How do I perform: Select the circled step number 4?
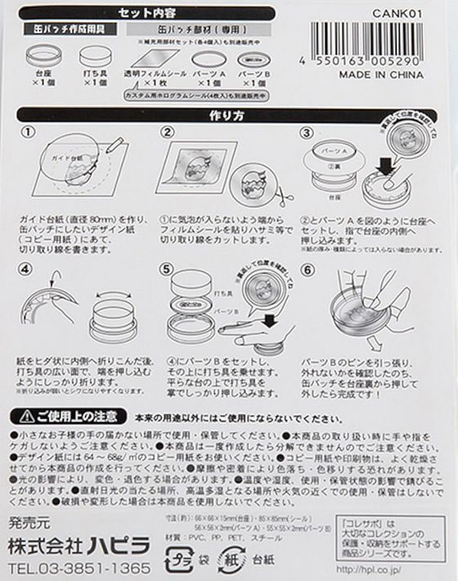(28, 268)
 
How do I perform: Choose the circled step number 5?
(168, 268)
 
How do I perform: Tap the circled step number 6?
(308, 268)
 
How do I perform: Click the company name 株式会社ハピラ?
(79, 545)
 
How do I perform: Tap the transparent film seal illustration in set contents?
(150, 61)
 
